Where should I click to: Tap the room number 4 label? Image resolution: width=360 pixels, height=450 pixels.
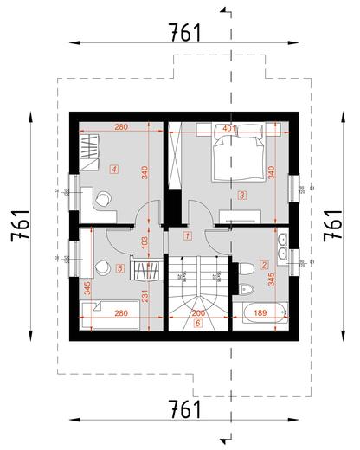point(114,170)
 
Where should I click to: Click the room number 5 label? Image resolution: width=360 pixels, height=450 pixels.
point(120,269)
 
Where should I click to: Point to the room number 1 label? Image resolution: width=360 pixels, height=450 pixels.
point(188,235)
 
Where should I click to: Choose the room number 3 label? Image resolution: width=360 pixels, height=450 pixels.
point(243,196)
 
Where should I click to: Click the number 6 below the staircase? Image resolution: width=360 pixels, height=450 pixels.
point(197,324)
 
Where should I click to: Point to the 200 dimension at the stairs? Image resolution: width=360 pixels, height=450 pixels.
point(197,313)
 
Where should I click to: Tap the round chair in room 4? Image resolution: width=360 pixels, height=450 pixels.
point(105,199)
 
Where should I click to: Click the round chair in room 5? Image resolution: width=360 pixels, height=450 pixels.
point(105,267)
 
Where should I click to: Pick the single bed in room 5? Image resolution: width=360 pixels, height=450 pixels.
point(115,314)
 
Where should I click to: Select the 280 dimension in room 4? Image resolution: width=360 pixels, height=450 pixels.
point(120,128)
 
